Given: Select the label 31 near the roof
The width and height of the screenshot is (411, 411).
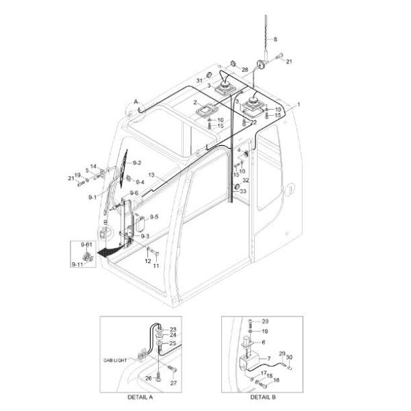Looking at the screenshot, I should [200, 81].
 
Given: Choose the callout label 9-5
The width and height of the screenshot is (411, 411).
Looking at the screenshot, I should [154, 217].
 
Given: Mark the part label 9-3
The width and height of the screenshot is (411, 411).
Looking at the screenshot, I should [145, 236].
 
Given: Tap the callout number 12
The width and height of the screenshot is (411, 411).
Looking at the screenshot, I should [147, 260].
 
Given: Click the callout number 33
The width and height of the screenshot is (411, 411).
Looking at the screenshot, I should [242, 191].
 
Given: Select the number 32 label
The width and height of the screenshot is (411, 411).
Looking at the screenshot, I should [245, 181].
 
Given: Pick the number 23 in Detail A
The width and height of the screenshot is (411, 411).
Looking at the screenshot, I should [173, 329].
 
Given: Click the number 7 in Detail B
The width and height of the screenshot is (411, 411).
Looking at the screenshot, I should [269, 358].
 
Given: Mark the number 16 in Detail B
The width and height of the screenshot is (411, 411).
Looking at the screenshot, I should [276, 379].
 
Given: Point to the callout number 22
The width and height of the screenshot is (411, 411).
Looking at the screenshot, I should [253, 123].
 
